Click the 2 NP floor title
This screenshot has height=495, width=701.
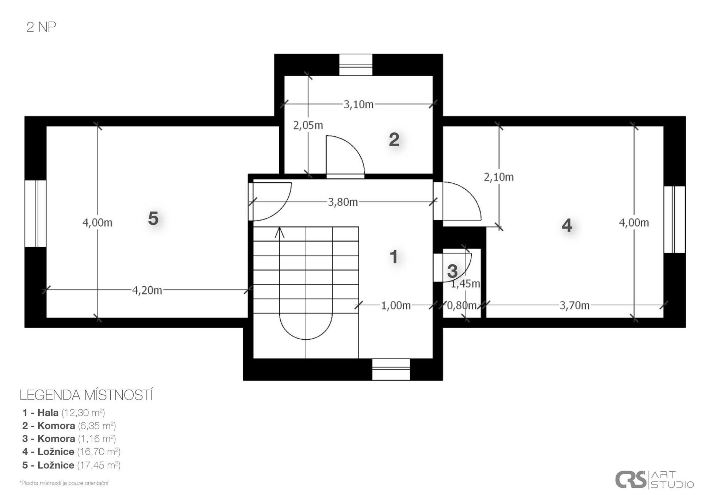(x=41, y=27)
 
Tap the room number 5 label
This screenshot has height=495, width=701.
(x=153, y=219)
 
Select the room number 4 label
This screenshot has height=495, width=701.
(x=567, y=225)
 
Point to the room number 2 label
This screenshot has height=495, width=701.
(x=394, y=139)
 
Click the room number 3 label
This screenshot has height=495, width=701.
(x=452, y=271)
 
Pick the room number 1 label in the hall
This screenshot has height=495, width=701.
(x=394, y=257)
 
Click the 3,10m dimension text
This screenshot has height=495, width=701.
(x=359, y=105)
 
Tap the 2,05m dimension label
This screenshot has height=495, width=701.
(x=308, y=125)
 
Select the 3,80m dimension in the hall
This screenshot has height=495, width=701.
(x=343, y=202)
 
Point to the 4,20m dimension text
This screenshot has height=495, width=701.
(x=147, y=290)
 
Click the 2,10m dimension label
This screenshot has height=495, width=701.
(x=499, y=177)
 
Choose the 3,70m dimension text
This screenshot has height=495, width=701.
(x=575, y=305)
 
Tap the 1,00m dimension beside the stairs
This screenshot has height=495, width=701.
(x=396, y=305)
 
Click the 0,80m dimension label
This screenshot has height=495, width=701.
(x=462, y=305)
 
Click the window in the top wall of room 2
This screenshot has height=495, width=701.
(x=356, y=65)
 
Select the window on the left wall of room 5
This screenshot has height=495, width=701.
(x=35, y=213)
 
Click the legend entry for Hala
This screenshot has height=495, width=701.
(x=64, y=413)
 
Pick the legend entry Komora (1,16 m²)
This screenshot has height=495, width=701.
(x=69, y=438)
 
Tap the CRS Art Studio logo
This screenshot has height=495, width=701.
(x=654, y=480)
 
